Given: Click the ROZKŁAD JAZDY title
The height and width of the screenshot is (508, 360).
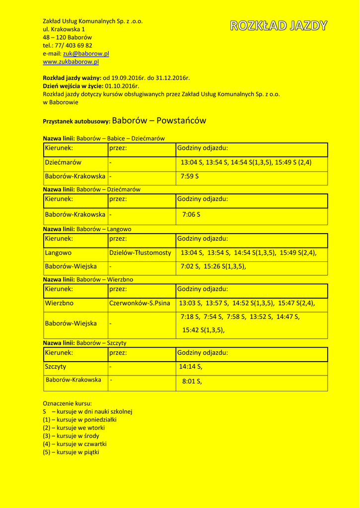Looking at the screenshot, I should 279,26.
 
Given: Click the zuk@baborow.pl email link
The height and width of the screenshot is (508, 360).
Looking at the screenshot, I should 86,54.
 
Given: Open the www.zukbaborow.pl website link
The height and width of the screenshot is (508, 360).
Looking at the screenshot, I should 71,62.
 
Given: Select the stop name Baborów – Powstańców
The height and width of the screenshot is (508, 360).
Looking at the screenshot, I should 159,121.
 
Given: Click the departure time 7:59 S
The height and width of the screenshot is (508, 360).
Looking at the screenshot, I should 190,176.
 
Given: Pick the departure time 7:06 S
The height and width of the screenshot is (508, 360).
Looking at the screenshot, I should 191,215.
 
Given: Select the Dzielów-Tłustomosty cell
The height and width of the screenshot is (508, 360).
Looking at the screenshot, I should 140,253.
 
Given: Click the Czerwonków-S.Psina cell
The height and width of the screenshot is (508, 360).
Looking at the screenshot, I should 140,303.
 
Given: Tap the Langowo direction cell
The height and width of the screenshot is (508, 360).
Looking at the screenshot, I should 58,253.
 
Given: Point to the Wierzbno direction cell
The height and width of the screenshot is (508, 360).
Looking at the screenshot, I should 59,303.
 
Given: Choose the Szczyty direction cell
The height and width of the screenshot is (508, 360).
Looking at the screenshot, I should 56,367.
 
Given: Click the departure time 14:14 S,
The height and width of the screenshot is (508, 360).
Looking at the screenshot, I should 191,367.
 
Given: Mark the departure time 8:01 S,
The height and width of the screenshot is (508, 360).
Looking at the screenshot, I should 192,381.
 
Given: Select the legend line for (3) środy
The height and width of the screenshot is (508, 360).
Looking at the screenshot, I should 71,436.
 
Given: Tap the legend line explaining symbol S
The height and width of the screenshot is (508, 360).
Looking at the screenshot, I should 87,412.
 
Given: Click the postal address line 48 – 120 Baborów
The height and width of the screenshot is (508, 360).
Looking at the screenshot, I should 67,37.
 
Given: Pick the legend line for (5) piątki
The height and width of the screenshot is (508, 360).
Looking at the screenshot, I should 71,452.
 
